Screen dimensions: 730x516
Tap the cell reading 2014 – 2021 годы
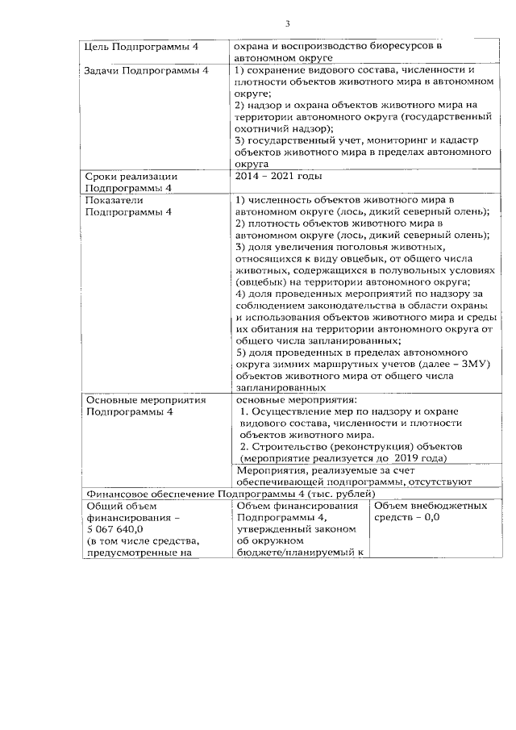tap(278, 176)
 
